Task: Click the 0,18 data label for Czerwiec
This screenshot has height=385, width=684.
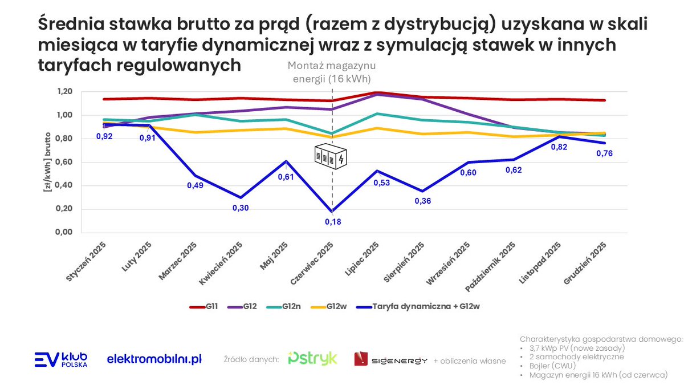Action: tap(333, 222)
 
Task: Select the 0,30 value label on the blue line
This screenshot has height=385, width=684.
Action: tap(241, 208)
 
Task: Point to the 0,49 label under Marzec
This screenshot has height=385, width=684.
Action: tap(196, 185)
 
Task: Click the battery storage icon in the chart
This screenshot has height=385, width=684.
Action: tap(330, 157)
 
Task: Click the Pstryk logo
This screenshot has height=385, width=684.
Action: tap(312, 359)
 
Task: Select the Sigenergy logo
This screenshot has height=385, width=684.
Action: tap(390, 359)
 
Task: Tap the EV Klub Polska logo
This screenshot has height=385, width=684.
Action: tap(61, 359)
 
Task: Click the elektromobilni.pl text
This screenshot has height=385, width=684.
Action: tap(154, 359)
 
